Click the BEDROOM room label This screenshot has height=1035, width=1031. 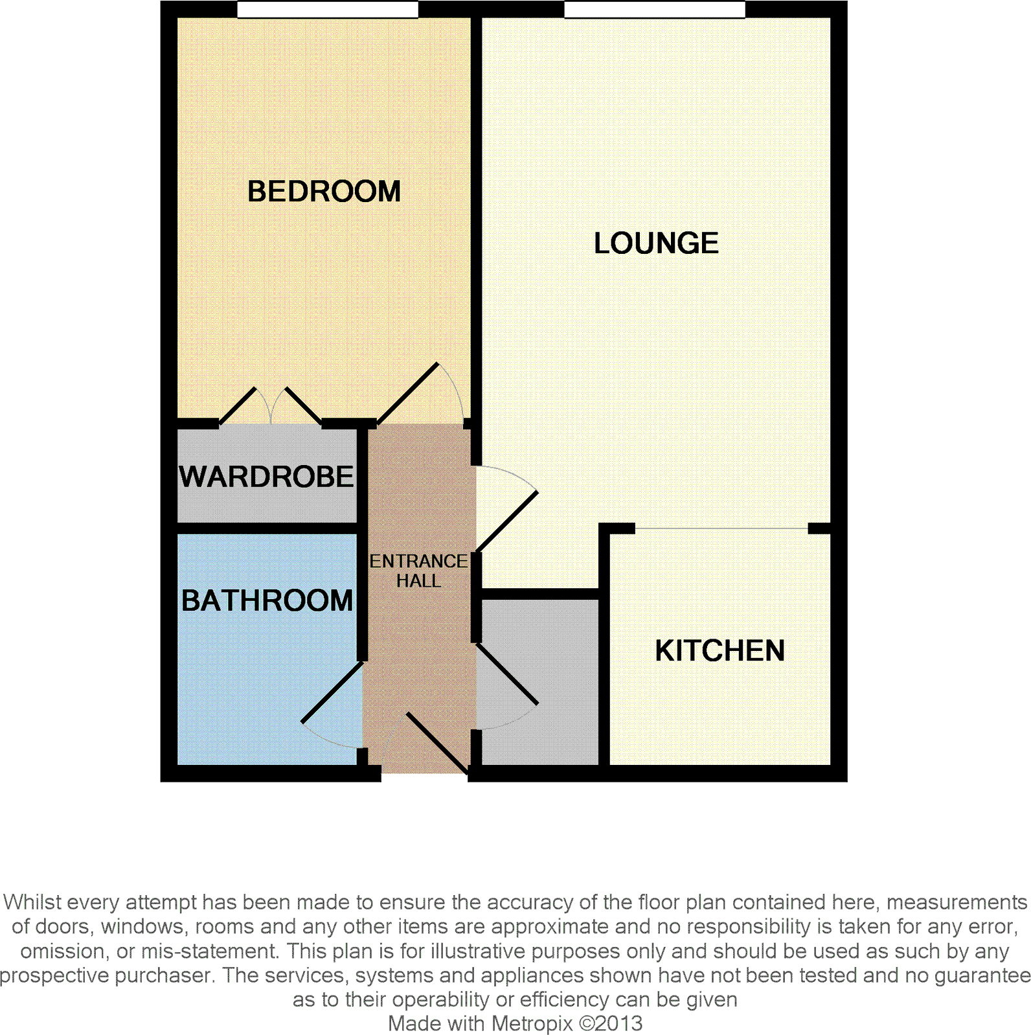[x=324, y=192]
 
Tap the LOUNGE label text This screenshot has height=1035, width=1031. [x=656, y=244]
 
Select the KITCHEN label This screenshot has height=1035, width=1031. [x=719, y=651]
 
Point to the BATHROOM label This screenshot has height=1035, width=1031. [x=267, y=601]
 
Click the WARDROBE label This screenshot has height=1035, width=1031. [x=267, y=477]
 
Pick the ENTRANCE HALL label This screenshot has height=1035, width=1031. [x=418, y=571]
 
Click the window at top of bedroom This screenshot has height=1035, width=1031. [x=327, y=9]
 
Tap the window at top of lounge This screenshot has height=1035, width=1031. [x=654, y=9]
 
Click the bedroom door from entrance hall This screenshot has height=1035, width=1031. [x=408, y=394]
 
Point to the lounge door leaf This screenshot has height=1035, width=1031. [x=507, y=522]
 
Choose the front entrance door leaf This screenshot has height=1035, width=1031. [x=437, y=743]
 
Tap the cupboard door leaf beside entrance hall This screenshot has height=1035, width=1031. [x=507, y=674]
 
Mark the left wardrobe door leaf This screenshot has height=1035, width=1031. [x=238, y=406]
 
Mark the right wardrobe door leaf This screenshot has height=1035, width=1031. [x=303, y=406]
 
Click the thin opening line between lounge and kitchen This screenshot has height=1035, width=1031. [x=721, y=529]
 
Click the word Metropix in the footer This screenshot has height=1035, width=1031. [x=532, y=1023]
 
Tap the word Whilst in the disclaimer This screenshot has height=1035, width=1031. [x=32, y=902]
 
